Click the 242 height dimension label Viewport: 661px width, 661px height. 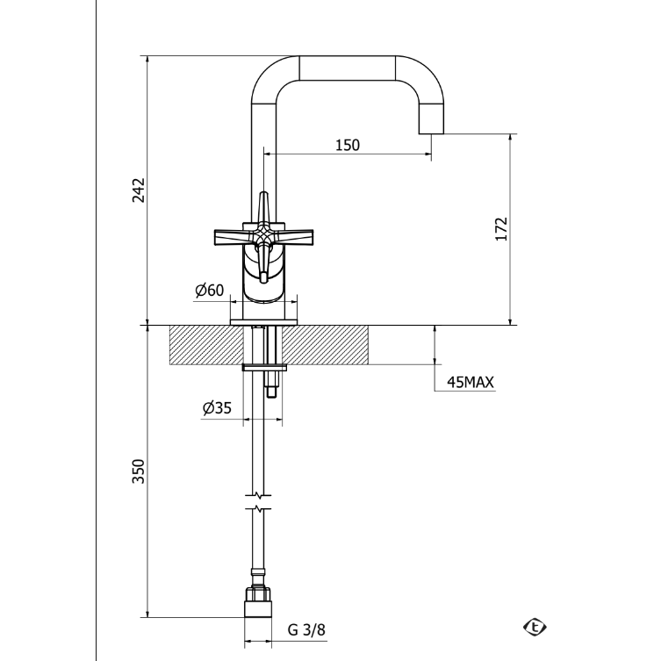[139, 190]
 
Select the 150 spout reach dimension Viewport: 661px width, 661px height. [348, 145]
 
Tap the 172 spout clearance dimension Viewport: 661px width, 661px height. [501, 229]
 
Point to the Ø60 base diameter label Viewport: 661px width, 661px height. [210, 291]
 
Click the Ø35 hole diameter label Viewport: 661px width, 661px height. [217, 408]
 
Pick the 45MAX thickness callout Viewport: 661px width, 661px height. [470, 383]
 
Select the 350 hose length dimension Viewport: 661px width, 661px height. [139, 471]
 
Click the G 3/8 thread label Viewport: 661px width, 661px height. [306, 629]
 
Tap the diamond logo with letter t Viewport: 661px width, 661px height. [535, 627]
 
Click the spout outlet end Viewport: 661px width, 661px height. [431, 133]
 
